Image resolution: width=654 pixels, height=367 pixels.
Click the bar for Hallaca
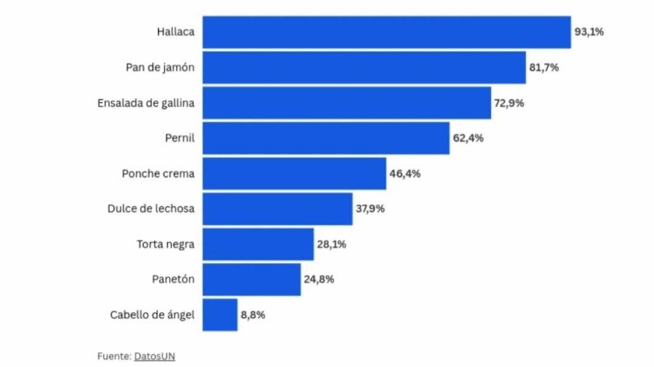tap(386, 32)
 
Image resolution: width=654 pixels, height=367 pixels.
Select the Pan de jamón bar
tap(364, 67)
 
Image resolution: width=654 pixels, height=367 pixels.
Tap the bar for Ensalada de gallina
tap(347, 103)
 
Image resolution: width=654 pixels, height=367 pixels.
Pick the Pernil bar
tap(326, 138)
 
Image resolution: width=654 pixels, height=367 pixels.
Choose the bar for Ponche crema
tap(294, 174)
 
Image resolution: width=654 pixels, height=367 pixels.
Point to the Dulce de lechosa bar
tap(277, 209)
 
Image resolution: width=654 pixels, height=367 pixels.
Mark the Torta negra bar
tap(258, 244)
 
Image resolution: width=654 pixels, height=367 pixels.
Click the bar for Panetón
tap(252, 280)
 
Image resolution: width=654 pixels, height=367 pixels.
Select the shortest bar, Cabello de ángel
tap(220, 315)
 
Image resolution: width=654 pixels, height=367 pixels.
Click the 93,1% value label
tap(588, 32)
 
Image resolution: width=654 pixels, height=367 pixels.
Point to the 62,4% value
tap(468, 138)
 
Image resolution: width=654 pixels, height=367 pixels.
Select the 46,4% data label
tap(405, 174)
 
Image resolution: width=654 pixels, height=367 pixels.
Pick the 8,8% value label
tap(253, 315)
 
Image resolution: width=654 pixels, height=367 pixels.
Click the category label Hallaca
tap(175, 32)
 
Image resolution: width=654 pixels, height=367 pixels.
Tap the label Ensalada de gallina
tap(146, 103)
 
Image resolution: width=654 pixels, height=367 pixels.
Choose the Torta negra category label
tap(165, 244)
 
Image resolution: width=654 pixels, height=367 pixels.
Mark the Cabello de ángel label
tap(152, 315)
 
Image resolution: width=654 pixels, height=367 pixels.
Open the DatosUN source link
tap(154, 356)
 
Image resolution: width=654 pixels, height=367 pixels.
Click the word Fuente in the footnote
tap(113, 356)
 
